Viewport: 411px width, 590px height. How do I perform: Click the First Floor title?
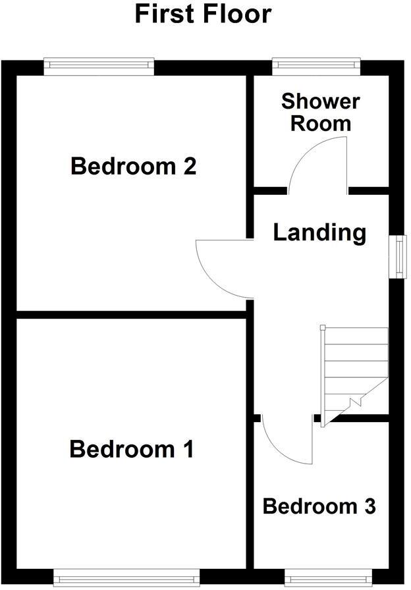(203, 14)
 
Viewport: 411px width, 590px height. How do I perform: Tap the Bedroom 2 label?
(134, 166)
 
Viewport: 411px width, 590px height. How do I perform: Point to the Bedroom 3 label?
(319, 506)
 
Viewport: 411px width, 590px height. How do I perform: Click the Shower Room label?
(321, 112)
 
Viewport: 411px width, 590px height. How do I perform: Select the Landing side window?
(399, 256)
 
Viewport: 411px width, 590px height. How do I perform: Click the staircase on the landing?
(352, 372)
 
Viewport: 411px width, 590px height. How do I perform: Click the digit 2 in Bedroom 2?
(189, 166)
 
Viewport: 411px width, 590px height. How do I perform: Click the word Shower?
(321, 101)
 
